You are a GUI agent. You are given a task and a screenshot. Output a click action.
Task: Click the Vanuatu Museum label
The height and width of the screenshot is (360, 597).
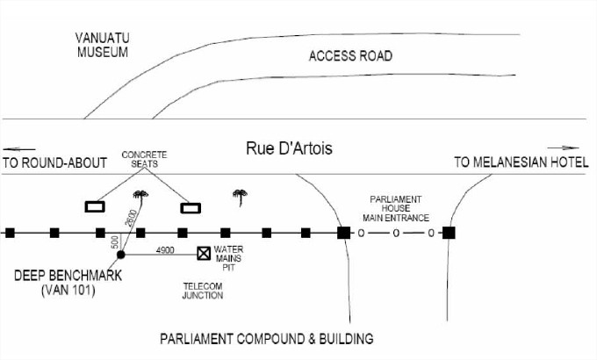[x=102, y=45]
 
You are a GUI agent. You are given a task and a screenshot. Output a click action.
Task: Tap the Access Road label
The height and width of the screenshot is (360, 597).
[x=350, y=56]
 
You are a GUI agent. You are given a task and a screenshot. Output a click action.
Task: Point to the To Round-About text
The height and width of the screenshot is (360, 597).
[x=54, y=162]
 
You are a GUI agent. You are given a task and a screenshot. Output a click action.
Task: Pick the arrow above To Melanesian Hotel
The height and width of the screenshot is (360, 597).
[x=563, y=148]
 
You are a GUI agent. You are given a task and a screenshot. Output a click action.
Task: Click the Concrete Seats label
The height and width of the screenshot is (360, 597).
[x=144, y=160]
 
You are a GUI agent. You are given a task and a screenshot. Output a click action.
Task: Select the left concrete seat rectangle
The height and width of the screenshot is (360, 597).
[x=95, y=207]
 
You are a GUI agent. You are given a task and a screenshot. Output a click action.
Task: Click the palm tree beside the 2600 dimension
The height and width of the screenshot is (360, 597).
[x=138, y=195]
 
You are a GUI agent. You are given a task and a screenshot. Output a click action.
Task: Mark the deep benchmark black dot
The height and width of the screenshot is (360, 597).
[x=121, y=255]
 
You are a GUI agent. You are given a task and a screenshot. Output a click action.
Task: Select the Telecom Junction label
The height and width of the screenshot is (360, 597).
[x=203, y=291]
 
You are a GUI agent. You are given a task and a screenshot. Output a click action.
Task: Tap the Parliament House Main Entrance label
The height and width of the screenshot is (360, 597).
[x=395, y=208]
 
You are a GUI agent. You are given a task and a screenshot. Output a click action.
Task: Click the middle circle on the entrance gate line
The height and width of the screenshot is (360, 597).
[x=396, y=234]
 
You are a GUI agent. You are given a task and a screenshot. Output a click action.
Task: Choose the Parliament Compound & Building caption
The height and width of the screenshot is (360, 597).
[x=267, y=338]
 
